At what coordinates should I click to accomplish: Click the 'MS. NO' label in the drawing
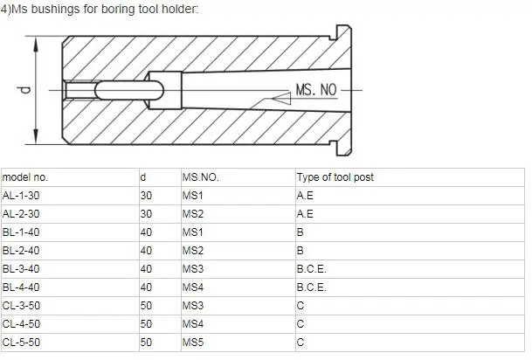tap(315, 90)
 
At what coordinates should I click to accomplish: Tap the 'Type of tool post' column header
tap(335, 177)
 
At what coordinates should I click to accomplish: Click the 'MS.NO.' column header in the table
tap(200, 177)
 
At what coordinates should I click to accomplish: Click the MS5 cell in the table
tap(192, 343)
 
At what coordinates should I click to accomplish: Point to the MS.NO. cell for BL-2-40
tap(192, 250)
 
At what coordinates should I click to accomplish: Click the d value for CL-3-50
tap(146, 306)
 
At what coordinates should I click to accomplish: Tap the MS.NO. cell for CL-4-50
tap(192, 324)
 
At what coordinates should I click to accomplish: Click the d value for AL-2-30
tap(146, 213)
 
